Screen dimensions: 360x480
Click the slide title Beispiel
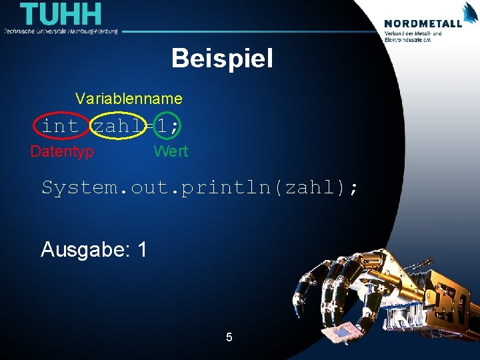[x=222, y=59]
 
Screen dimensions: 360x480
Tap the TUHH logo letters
[x=61, y=15]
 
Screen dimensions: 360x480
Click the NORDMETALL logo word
[x=423, y=23]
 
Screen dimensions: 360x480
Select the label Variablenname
[x=129, y=99]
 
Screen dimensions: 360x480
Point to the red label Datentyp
[x=62, y=151]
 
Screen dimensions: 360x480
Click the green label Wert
[x=171, y=151]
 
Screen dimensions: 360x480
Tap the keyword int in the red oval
[x=61, y=125]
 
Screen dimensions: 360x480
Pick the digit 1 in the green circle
[x=162, y=125]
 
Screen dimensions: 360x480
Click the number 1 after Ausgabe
[x=141, y=249]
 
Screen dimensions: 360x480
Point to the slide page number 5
[x=229, y=337]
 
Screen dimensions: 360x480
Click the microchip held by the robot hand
[x=338, y=333]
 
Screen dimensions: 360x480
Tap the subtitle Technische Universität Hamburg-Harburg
[x=61, y=31]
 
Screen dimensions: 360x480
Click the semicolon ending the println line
[x=353, y=189]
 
